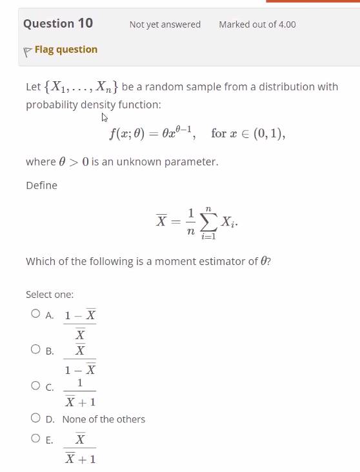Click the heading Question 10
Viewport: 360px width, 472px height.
(58, 24)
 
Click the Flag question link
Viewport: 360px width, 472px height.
(66, 50)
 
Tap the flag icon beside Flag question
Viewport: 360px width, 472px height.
(28, 50)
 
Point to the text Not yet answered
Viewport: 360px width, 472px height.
(165, 25)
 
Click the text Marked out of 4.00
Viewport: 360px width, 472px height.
(257, 25)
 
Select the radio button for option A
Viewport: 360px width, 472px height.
(35, 316)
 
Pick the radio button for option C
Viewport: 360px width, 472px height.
(35, 386)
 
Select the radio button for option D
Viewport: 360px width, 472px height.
(35, 419)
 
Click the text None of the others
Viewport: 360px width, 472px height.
(104, 419)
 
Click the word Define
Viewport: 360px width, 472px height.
(41, 186)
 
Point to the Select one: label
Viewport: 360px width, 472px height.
(50, 295)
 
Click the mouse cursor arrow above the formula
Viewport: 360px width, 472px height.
(104, 118)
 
